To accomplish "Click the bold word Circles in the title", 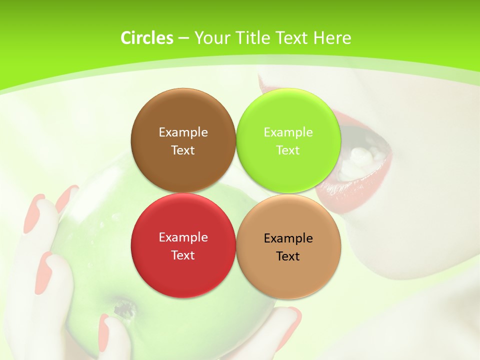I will [146, 38].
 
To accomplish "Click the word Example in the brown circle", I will [183, 132].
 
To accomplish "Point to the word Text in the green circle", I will [288, 150].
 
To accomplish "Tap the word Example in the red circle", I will [183, 237].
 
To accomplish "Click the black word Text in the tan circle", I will [288, 256].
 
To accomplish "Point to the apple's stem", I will [120, 307].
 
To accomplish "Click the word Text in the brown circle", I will [183, 150].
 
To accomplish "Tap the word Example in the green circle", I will [288, 132].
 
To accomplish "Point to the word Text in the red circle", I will [183, 255].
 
